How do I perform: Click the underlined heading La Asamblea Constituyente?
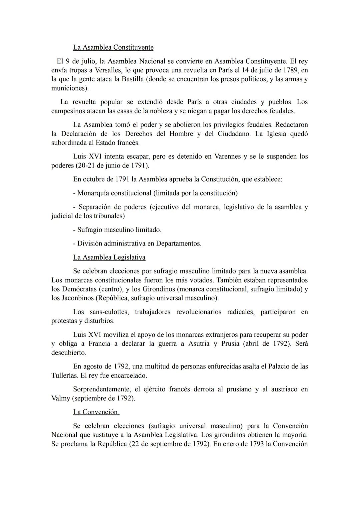click(113, 47)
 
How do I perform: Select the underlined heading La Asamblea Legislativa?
click(109, 257)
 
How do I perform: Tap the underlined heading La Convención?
click(96, 412)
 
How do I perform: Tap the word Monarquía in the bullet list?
click(93, 193)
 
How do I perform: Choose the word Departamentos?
click(178, 243)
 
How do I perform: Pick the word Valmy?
click(60, 398)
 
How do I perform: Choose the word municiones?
click(69, 88)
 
